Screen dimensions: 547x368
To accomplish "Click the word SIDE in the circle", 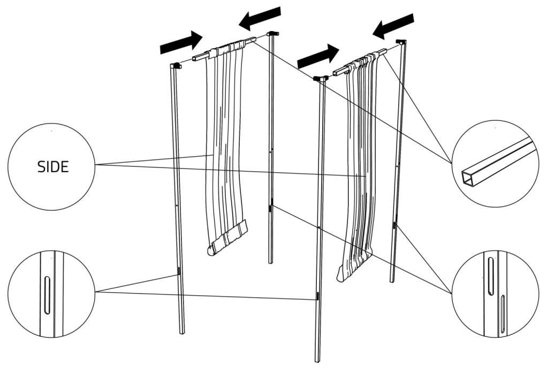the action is pos(53,167).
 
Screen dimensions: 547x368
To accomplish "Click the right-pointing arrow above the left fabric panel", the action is pos(181,42).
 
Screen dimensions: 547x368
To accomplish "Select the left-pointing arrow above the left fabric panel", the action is pos(260,18).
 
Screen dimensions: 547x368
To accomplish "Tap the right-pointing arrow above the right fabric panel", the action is pos(318,56).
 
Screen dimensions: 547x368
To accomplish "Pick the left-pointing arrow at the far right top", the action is pos(393,26).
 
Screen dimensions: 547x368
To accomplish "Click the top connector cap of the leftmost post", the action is pos(176,65).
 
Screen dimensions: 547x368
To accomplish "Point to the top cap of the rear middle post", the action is pos(272,34).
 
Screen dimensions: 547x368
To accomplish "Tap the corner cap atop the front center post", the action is pos(321,79).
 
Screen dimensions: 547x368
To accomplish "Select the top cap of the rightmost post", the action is pos(401,42).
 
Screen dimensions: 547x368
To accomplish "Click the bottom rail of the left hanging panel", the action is pos(227,237).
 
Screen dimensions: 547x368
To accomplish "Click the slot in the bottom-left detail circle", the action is pos(47,295).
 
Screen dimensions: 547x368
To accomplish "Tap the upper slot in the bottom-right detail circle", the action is pos(490,276).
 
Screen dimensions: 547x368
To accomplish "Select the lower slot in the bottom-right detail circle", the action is pos(503,315).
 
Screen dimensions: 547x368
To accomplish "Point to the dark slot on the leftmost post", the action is pos(179,271).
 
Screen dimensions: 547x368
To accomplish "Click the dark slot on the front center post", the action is pos(317,296).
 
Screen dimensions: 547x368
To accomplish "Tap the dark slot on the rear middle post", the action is pos(270,209).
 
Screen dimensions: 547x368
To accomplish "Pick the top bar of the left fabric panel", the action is pos(225,48).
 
